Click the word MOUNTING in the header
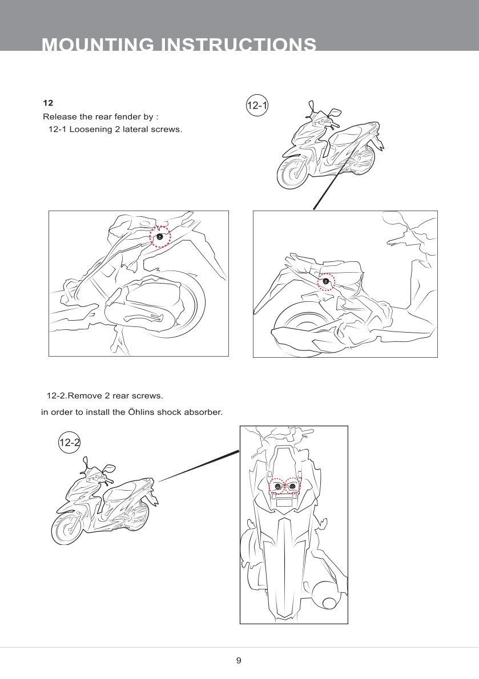tap(98, 44)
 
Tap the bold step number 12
tap(48, 103)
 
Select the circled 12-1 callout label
tap(257, 105)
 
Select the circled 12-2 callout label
tap(69, 442)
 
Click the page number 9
tap(239, 660)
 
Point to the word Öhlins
tap(141, 412)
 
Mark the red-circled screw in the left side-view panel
tap(160, 237)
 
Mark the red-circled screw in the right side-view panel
tap(326, 281)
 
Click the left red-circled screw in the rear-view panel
tap(278, 487)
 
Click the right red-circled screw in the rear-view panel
tap(293, 487)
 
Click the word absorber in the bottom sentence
tap(203, 412)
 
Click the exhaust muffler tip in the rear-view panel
tap(329, 603)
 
